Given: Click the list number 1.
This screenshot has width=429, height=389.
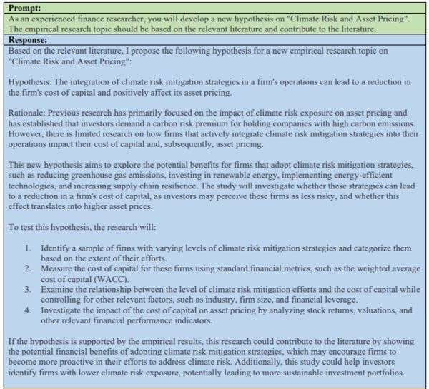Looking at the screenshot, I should [26, 248].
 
